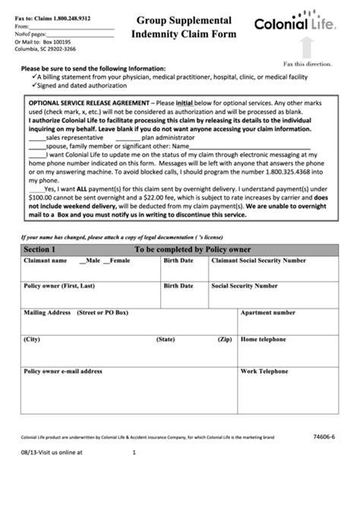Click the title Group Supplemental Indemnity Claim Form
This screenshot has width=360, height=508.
coord(185,27)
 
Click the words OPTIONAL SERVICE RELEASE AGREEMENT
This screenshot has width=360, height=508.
coord(88,101)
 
